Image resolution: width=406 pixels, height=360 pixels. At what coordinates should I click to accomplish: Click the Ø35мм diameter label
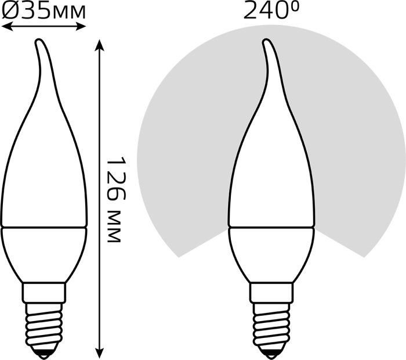(43, 11)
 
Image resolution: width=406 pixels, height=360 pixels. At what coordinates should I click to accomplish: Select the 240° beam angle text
(271, 10)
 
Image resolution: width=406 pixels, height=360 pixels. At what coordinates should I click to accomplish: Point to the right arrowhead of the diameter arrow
(81, 26)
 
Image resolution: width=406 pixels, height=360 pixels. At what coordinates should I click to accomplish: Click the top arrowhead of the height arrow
(99, 45)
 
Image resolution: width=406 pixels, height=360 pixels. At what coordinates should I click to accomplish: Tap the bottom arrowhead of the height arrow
(99, 352)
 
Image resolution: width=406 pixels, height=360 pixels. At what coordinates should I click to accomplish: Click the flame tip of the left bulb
(39, 41)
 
